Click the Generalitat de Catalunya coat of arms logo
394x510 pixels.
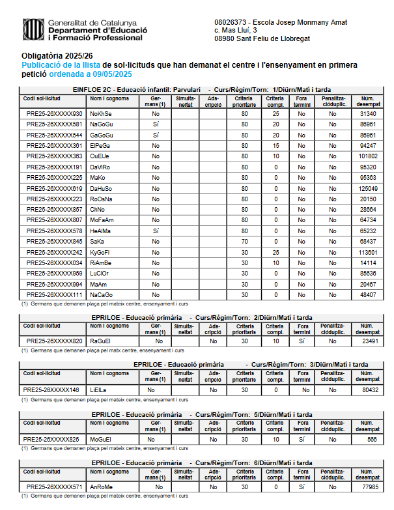click(x=33, y=29)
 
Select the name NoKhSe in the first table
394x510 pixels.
click(x=101, y=114)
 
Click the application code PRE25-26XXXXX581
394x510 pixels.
click(x=55, y=124)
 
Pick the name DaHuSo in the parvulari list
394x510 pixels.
click(x=102, y=188)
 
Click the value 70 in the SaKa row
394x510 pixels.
click(x=245, y=242)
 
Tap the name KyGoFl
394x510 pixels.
click(x=100, y=253)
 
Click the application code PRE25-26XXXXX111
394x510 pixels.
click(x=55, y=295)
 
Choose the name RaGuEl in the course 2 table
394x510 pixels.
click(x=101, y=341)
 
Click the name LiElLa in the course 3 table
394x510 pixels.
click(x=98, y=390)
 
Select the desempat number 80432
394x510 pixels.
click(x=370, y=390)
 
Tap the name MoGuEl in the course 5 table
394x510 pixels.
click(x=101, y=439)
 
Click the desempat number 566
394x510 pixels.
click(x=372, y=439)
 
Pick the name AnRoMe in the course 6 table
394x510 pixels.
click(x=102, y=487)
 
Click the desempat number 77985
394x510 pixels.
click(x=370, y=487)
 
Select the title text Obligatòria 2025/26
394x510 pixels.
click(x=57, y=56)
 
